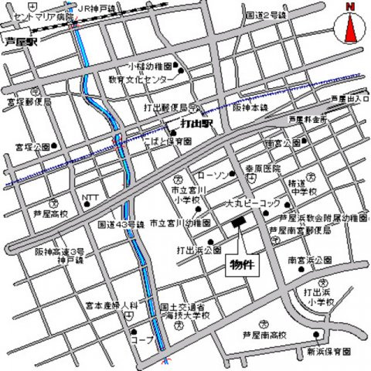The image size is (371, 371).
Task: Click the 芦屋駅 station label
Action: (21, 43)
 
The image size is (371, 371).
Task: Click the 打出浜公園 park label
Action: (199, 250)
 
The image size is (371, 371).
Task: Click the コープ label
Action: (142, 339)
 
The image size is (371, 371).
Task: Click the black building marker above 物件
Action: (237, 223)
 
